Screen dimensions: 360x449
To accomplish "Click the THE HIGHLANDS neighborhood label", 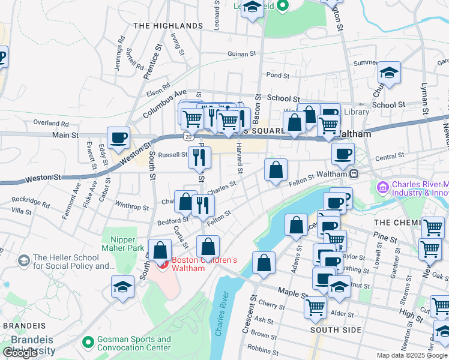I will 167,26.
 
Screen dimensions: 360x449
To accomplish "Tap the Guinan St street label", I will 242,54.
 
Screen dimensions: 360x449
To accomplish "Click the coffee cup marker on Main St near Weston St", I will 119,137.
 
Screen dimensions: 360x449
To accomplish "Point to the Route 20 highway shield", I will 189,137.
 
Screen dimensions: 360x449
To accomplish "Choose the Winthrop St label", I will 131,207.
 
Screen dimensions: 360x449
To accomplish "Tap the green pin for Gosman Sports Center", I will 88,343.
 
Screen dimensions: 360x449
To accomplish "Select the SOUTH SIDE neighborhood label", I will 336,330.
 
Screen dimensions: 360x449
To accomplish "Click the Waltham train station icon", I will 354,174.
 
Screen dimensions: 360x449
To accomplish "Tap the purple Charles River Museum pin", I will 382,188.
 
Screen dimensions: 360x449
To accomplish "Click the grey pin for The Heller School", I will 23,261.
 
